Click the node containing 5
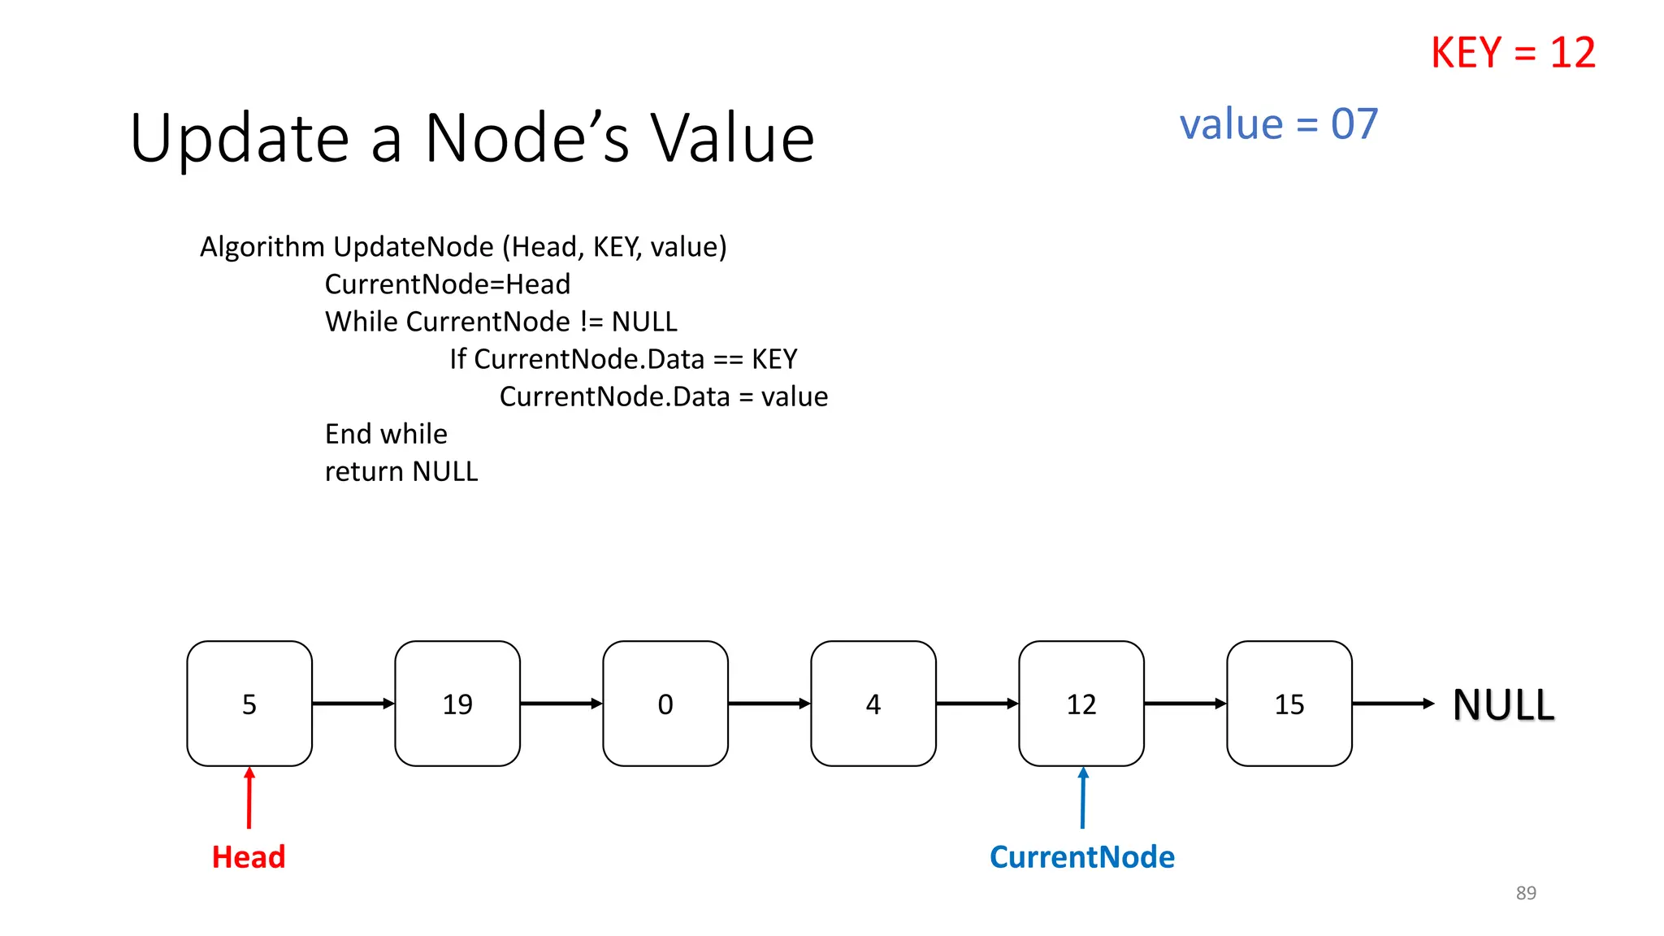(x=249, y=703)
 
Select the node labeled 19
(x=457, y=703)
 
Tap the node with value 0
(x=665, y=703)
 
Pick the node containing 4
(x=873, y=703)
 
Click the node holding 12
(x=1081, y=703)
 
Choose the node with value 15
(x=1289, y=703)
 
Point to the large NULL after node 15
(x=1503, y=704)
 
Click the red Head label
(x=249, y=856)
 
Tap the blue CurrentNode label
(x=1081, y=856)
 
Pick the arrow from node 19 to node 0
(x=561, y=703)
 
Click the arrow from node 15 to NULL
(x=1393, y=703)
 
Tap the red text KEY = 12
(x=1513, y=53)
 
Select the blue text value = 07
(x=1278, y=124)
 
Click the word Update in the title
(x=240, y=139)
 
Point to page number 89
(x=1525, y=892)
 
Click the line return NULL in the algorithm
(x=401, y=471)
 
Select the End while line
(x=386, y=434)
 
